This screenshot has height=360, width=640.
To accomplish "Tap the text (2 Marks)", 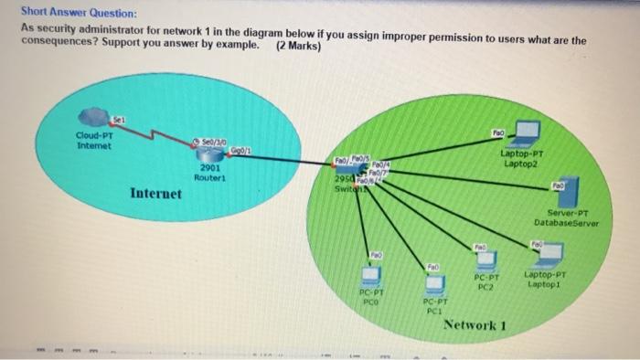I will click(x=298, y=45).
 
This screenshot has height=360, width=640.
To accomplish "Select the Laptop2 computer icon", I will click(x=524, y=138).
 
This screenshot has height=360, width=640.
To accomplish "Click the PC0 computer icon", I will click(x=370, y=273).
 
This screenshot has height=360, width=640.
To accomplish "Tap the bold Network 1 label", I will click(x=474, y=325).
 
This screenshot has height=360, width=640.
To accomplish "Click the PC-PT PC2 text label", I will click(x=485, y=282).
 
